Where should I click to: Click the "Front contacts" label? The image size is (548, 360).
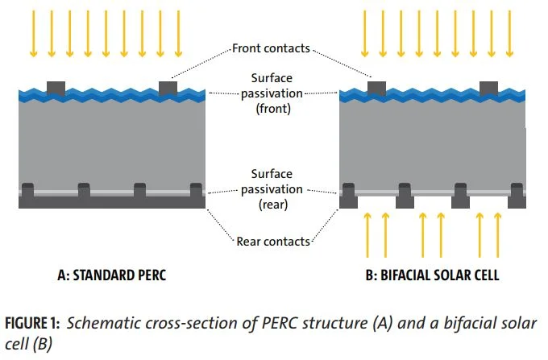[x=271, y=48]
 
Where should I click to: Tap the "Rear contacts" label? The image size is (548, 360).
[x=272, y=239]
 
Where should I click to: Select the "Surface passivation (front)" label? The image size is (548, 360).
[x=271, y=93]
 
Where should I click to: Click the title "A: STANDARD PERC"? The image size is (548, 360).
[x=110, y=275]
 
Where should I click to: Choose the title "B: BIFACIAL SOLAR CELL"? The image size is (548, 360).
[x=432, y=275]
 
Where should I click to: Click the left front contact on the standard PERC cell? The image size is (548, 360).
[x=56, y=86]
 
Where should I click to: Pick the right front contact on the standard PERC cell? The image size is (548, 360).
[x=168, y=86]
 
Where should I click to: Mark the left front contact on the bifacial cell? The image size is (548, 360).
[x=376, y=86]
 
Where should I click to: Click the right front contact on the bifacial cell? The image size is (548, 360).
[x=488, y=86]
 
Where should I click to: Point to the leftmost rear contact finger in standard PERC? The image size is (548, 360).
[x=27, y=192]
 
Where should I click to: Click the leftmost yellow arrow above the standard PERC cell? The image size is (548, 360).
[x=33, y=34]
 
